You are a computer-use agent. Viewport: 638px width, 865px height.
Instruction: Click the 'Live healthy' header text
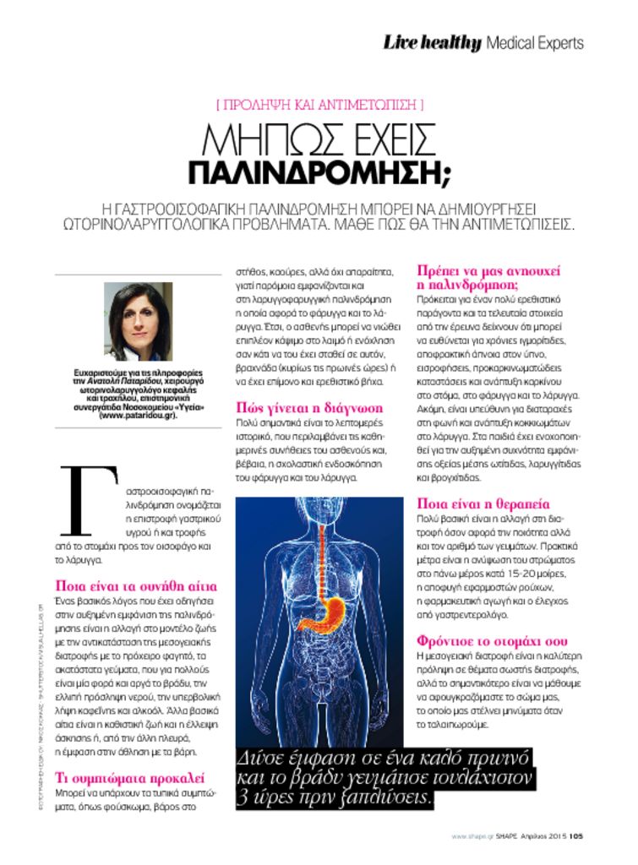click(432, 42)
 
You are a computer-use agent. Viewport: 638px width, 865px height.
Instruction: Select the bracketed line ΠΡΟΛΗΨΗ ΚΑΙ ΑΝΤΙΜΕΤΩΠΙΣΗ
click(319, 106)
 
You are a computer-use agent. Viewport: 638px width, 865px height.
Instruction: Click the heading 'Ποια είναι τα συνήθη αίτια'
click(136, 585)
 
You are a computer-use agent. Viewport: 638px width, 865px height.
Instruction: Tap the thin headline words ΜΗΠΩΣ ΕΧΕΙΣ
click(319, 138)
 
